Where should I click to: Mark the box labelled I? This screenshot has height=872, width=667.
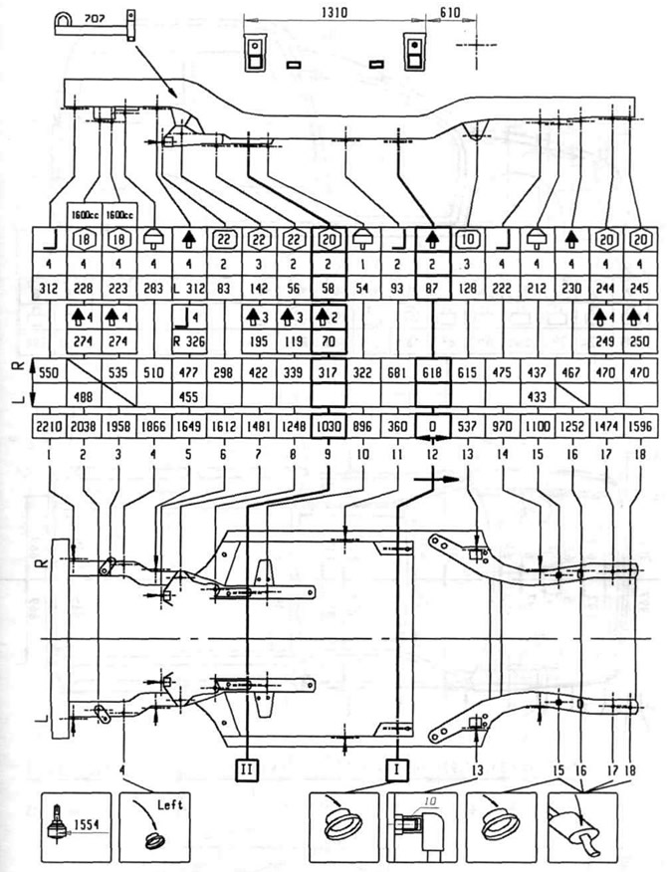[x=397, y=767]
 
